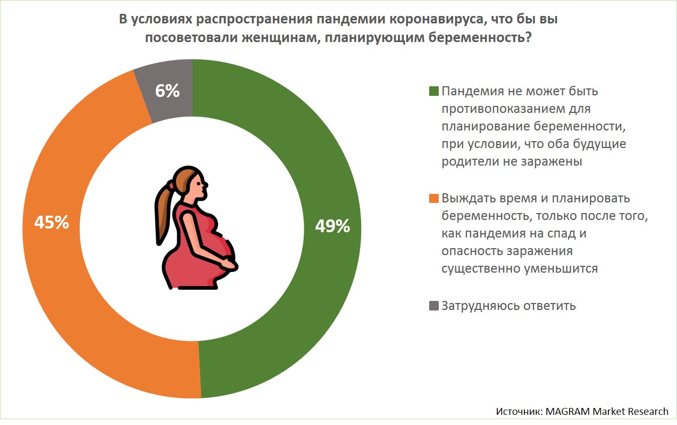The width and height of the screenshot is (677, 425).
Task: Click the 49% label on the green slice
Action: (x=332, y=226)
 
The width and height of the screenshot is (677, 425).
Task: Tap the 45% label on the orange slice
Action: (x=52, y=222)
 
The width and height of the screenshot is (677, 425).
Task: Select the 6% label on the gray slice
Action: (x=167, y=91)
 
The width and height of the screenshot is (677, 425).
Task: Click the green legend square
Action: (x=433, y=91)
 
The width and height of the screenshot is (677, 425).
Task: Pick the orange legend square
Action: (x=433, y=199)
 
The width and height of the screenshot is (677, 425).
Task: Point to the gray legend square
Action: (x=433, y=306)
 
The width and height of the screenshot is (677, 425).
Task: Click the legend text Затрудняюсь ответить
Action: (x=508, y=306)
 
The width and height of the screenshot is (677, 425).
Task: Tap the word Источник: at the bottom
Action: (x=519, y=411)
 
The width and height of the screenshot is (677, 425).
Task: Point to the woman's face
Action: (x=200, y=187)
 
